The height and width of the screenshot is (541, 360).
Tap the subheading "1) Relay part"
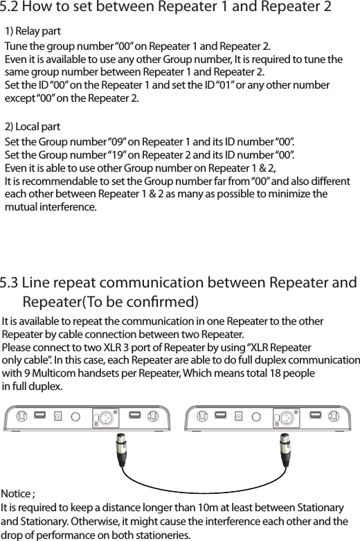pos(33,32)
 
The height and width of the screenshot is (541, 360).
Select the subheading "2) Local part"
pos(32,127)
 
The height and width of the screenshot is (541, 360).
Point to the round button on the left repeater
pos(75,418)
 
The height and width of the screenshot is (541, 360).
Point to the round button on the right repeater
pos(257,418)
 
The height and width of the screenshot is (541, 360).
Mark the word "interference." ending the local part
pos(68,208)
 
